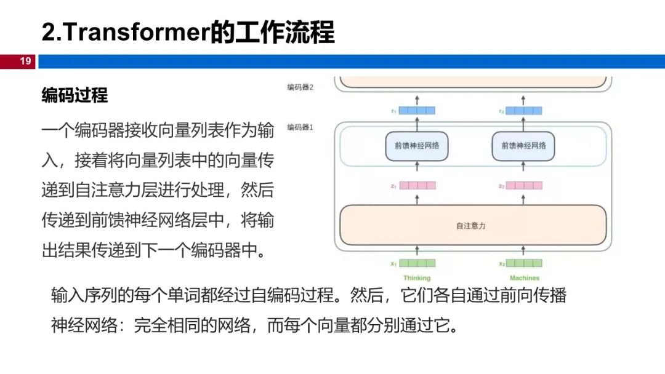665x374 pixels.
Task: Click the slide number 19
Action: pos(25,61)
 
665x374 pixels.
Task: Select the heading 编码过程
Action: pos(75,95)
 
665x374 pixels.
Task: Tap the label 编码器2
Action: pos(300,87)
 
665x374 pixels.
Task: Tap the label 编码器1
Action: pos(300,128)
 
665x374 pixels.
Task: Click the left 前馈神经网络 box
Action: pos(417,146)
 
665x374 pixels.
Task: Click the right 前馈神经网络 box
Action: pos(523,146)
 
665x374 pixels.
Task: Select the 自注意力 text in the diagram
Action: pos(471,226)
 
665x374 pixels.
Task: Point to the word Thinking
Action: pos(417,278)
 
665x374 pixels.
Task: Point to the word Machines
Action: pos(524,278)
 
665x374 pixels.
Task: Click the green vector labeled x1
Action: pos(417,263)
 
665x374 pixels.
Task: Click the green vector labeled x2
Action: pos(524,263)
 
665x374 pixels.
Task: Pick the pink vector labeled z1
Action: pos(417,185)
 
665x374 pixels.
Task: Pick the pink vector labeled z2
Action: pos(524,185)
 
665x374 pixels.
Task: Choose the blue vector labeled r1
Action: pos(417,111)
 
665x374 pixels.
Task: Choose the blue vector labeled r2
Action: pos(524,111)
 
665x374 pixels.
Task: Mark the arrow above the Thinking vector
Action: pos(417,250)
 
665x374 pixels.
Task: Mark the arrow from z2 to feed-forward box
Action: pos(524,169)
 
